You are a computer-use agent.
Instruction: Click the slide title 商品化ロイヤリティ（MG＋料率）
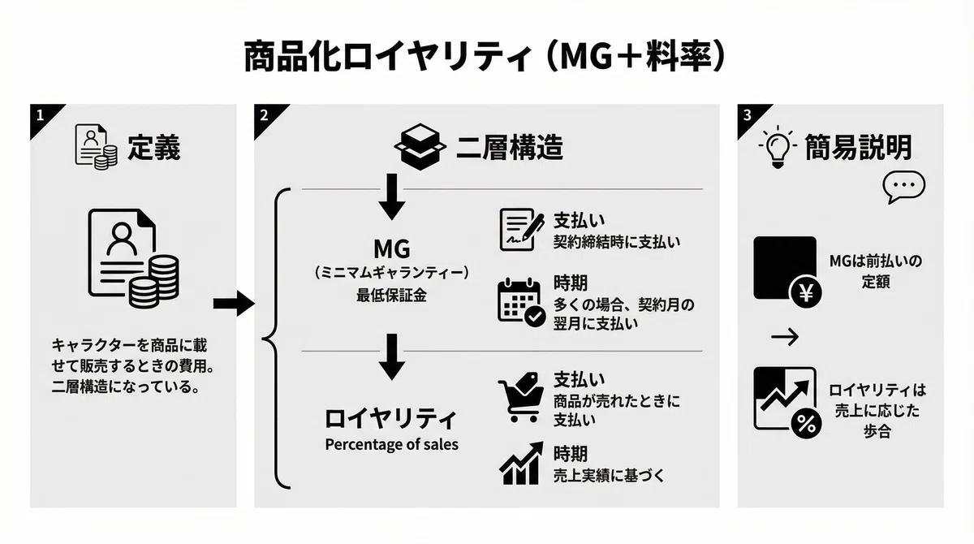pyautogui.click(x=485, y=57)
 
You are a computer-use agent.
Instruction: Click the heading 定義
pyautogui.click(x=153, y=148)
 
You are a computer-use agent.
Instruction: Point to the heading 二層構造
pyautogui.click(x=509, y=148)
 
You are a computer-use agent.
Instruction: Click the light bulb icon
pyautogui.click(x=778, y=147)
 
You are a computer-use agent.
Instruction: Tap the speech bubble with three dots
pyautogui.click(x=903, y=186)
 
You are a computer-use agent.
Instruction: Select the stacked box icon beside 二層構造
pyautogui.click(x=420, y=146)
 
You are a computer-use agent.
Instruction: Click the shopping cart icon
pyautogui.click(x=521, y=396)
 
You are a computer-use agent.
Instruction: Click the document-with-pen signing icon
pyautogui.click(x=521, y=230)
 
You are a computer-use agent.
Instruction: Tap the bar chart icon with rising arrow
pyautogui.click(x=521, y=464)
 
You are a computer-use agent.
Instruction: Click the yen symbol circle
pyautogui.click(x=806, y=292)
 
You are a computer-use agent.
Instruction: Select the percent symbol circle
pyautogui.click(x=806, y=424)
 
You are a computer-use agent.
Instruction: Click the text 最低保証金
pyautogui.click(x=391, y=296)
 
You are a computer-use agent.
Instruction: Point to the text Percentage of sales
pyautogui.click(x=391, y=444)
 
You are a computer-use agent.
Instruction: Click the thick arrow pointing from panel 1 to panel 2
pyautogui.click(x=234, y=304)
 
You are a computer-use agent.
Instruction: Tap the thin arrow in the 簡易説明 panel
pyautogui.click(x=785, y=337)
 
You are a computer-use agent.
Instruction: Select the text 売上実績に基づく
pyautogui.click(x=609, y=476)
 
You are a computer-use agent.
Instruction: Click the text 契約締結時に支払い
pyautogui.click(x=617, y=242)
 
